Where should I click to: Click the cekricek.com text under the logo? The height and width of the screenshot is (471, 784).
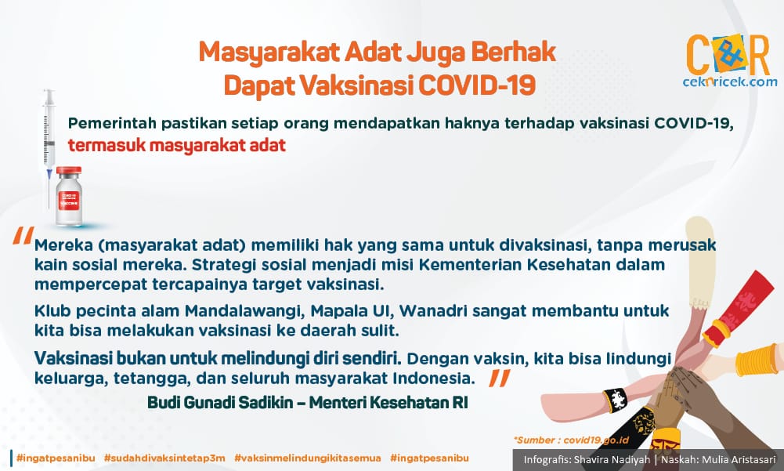pos(729,82)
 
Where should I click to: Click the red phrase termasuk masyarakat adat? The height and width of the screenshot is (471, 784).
pos(177,145)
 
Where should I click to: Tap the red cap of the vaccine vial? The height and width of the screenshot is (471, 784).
pos(69,171)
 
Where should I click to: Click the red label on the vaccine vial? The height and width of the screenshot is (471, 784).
pos(70,200)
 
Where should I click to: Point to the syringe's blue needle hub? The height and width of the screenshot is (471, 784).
pos(49,173)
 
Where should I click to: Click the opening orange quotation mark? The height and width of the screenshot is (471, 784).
pos(23,235)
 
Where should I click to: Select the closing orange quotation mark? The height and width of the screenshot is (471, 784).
pos(500,378)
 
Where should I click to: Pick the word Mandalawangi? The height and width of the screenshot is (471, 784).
pos(245,311)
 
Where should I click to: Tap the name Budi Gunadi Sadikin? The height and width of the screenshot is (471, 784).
pos(221,403)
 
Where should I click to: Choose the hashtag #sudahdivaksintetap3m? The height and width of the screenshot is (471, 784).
pos(164,458)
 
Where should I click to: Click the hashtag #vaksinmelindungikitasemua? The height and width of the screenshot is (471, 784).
pos(308,458)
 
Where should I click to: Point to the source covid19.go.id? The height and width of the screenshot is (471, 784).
pos(595,440)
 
